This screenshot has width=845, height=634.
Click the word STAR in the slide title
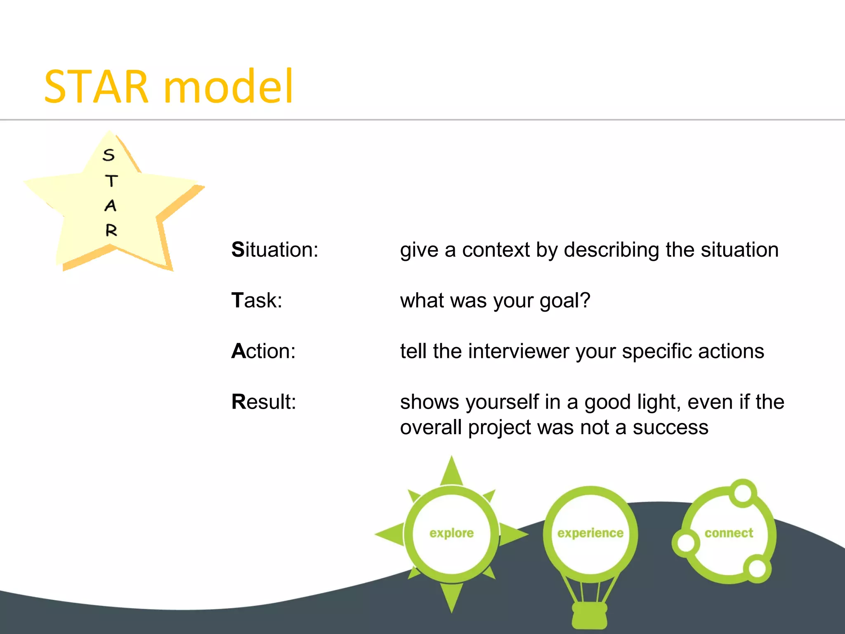pyautogui.click(x=96, y=87)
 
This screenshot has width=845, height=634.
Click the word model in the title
pyautogui.click(x=228, y=87)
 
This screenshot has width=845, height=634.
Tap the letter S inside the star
pyautogui.click(x=109, y=155)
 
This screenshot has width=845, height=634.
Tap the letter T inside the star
pyautogui.click(x=111, y=181)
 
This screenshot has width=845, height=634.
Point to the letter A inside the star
pyautogui.click(x=110, y=206)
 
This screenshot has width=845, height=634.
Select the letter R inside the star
pyautogui.click(x=111, y=230)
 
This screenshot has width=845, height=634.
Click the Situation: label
pyautogui.click(x=275, y=250)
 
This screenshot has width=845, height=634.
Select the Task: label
pyautogui.click(x=257, y=300)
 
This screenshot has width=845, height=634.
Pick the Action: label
pyautogui.click(x=263, y=351)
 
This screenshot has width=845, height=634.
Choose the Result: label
pyautogui.click(x=264, y=402)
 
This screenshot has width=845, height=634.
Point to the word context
pyautogui.click(x=496, y=250)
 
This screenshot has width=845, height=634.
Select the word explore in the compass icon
pyautogui.click(x=451, y=533)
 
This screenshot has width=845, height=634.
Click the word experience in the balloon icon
pyautogui.click(x=590, y=533)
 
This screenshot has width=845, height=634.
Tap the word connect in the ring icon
pyautogui.click(x=729, y=533)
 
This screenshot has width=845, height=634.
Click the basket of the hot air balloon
pyautogui.click(x=590, y=615)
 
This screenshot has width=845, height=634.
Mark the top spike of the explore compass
pyautogui.click(x=451, y=471)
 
